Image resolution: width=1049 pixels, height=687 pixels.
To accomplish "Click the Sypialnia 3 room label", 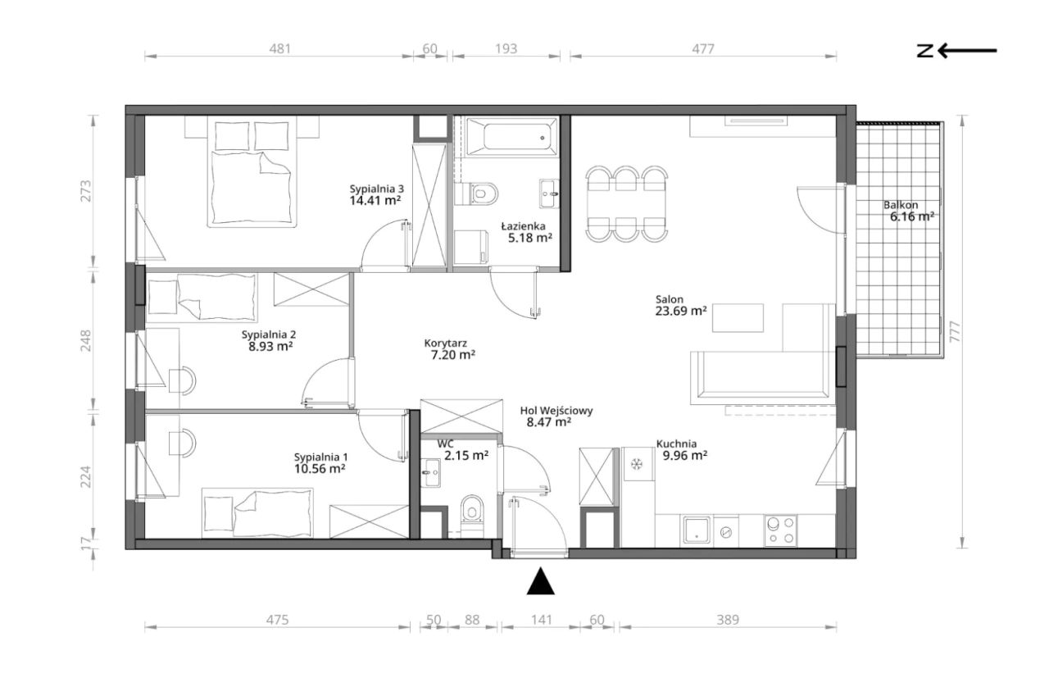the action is coord(376,189).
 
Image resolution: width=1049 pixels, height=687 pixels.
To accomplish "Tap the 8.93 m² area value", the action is coord(270,346).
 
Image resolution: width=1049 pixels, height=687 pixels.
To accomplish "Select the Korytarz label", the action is coord(445,343).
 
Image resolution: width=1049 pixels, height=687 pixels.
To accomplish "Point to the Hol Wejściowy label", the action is coord(556,411).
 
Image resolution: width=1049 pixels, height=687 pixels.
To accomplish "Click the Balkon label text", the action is coord(901,205).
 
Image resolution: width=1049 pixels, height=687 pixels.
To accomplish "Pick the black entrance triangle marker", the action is coord(540,581).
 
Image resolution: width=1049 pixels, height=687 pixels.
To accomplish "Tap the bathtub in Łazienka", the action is coord(512,136).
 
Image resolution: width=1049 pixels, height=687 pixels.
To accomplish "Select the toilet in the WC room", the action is coord(471,516).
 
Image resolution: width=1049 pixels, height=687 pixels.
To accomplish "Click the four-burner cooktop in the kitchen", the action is coord(780,530).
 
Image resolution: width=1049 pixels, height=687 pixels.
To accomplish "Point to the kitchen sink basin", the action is coord(697,530).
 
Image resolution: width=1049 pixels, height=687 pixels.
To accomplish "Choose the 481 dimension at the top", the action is coord(279,48).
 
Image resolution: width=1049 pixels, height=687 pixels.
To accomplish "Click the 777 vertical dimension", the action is coord(955,331).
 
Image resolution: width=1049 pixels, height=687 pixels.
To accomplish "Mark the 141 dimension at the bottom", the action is coord(542,620).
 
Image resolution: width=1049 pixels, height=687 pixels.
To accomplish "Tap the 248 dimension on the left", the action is coord(86,341).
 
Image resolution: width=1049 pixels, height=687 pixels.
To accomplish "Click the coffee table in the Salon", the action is coord(738,318).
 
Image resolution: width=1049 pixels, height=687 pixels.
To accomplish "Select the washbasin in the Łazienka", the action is coord(549,193).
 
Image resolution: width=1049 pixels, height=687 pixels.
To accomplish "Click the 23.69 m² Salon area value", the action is coord(681,311).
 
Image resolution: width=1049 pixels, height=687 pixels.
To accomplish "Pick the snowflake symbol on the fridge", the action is coord(636,464).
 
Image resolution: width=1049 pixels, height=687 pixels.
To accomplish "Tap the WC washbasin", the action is coord(430,472).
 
